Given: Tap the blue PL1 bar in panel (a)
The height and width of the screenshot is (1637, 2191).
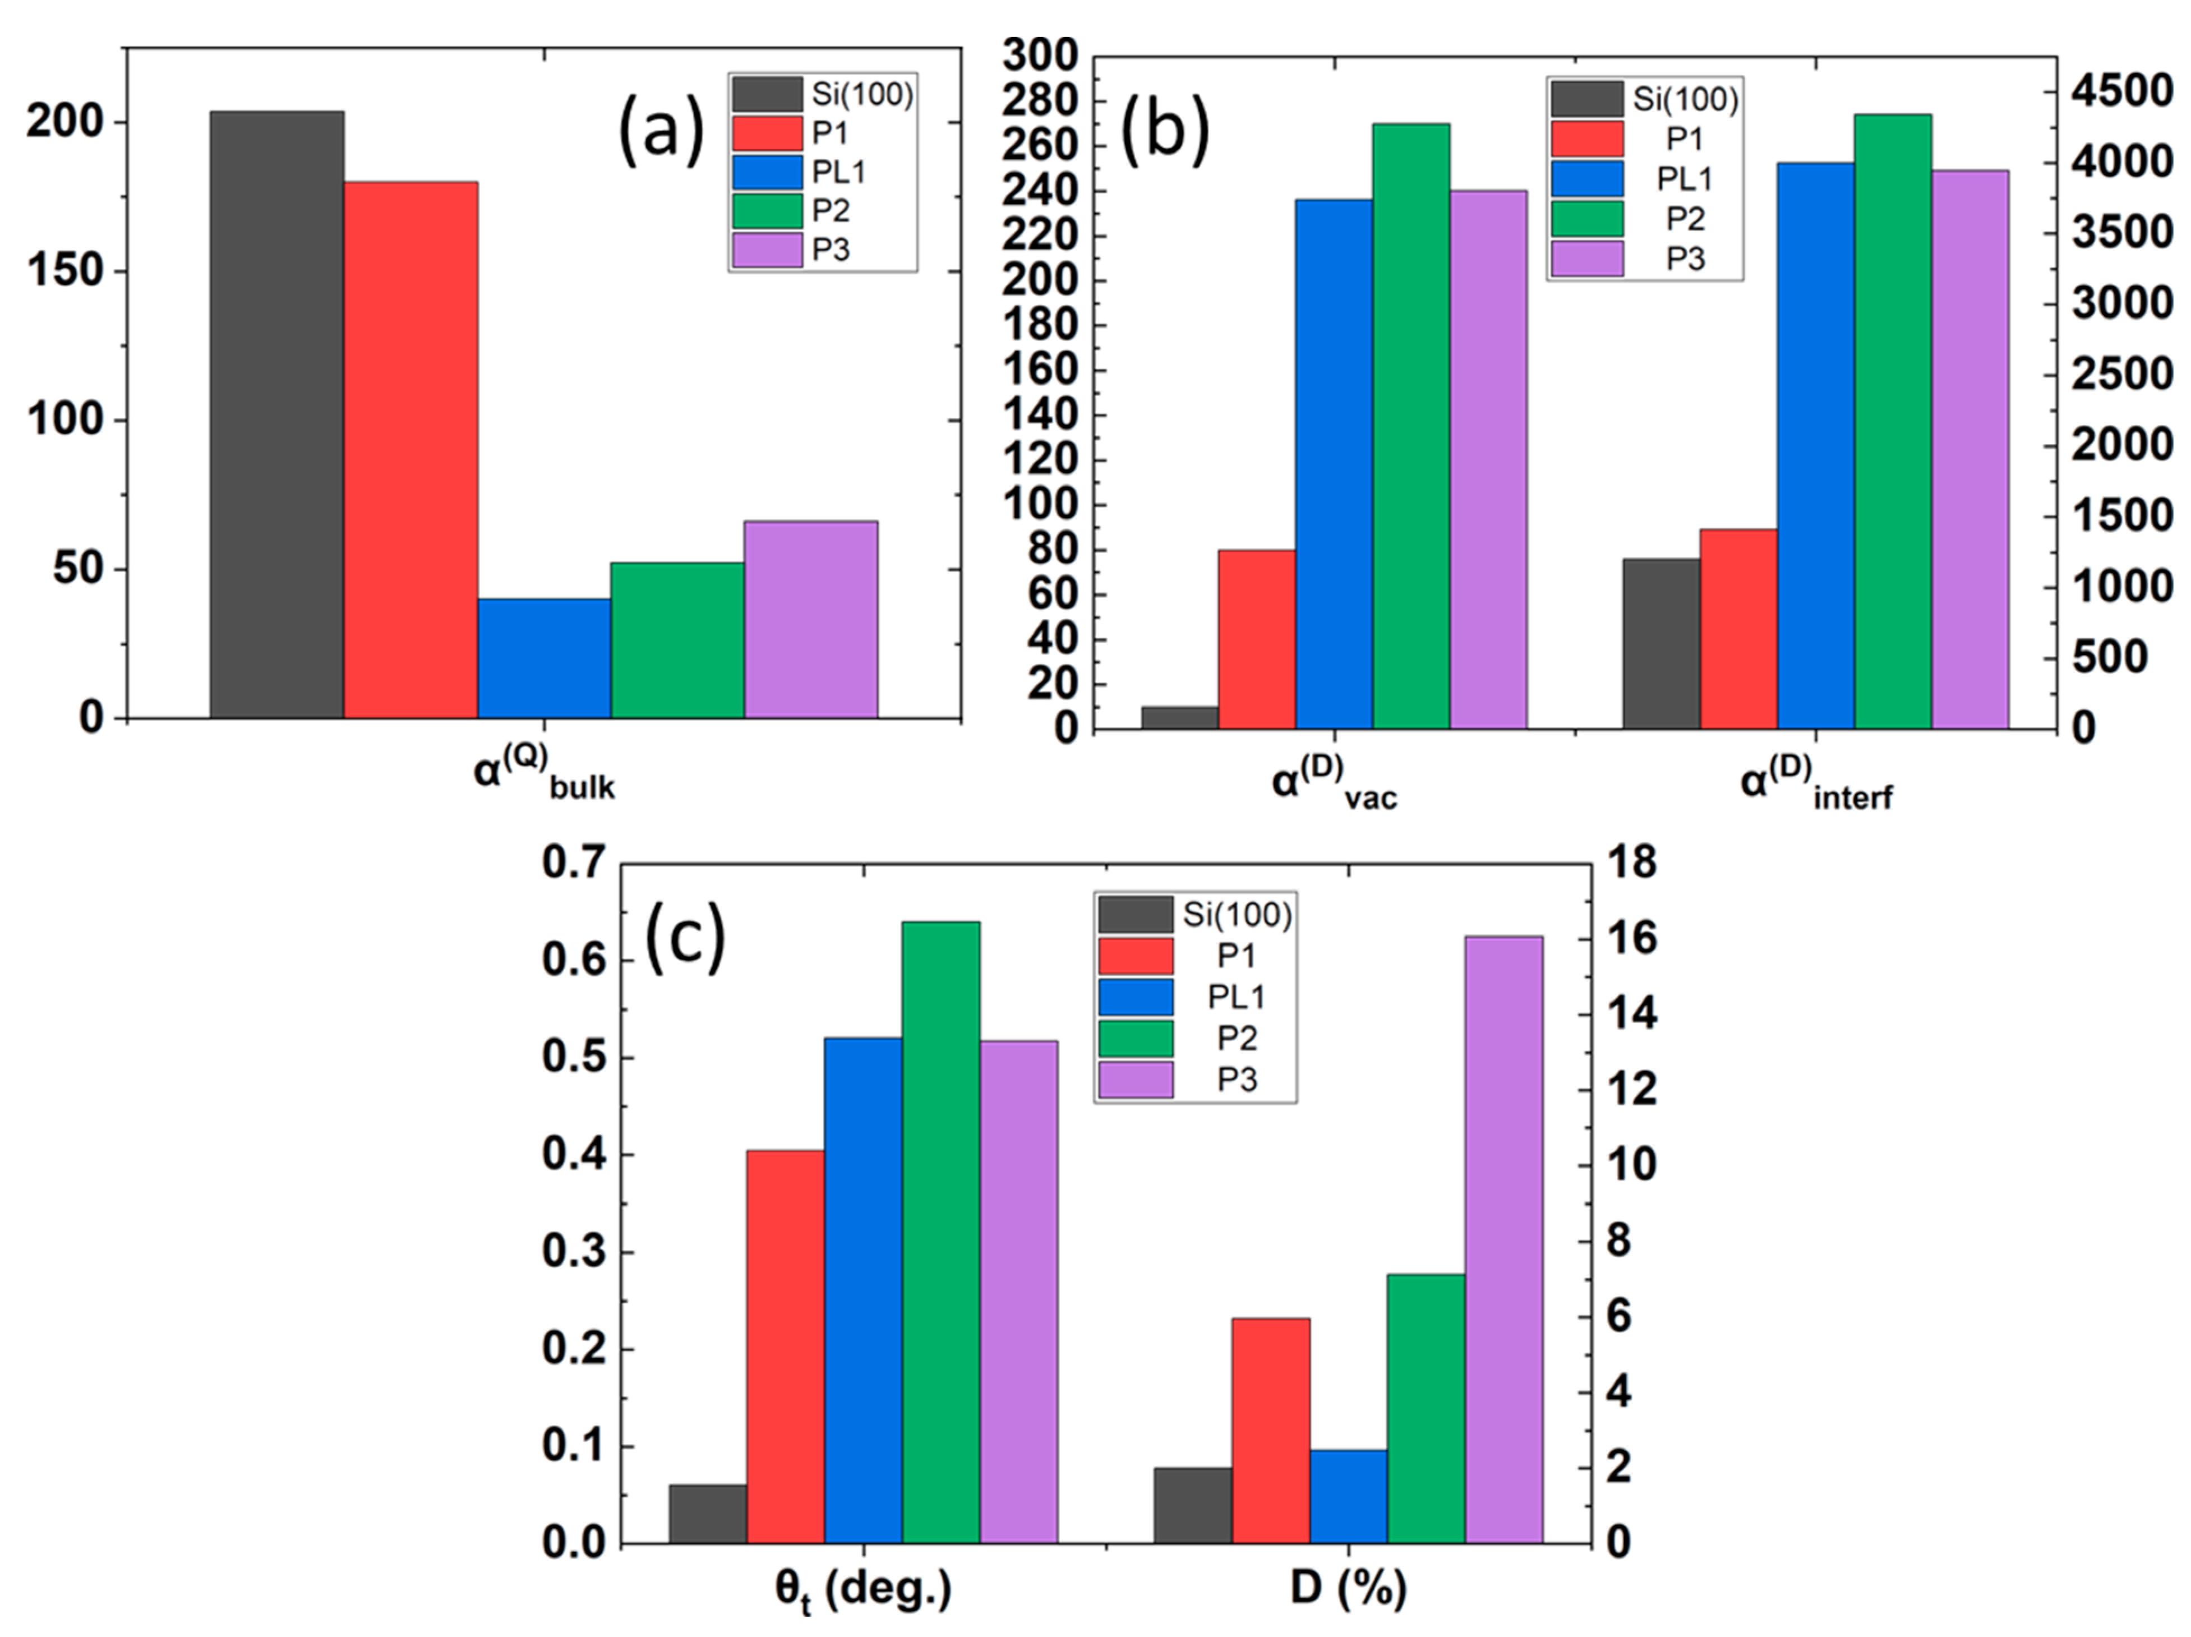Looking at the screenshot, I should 544,658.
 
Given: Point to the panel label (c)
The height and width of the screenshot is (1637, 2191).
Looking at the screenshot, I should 685,937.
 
